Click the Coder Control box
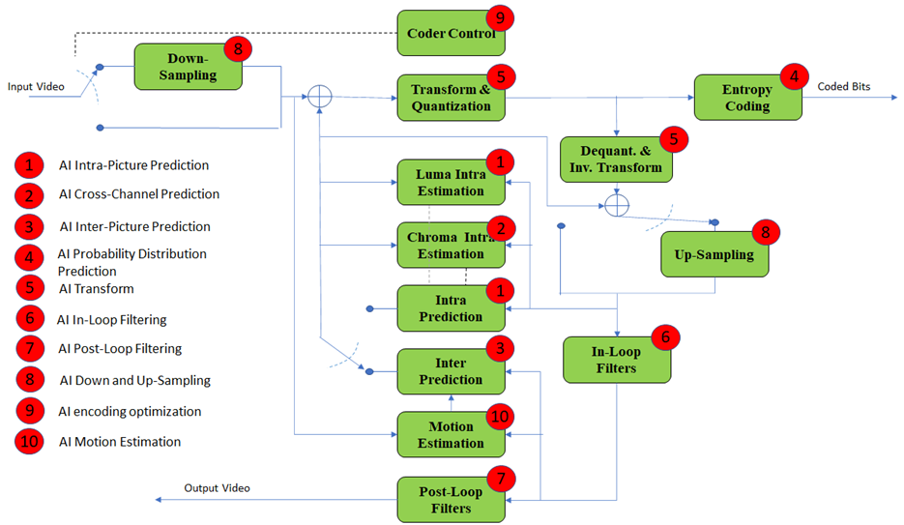click(x=451, y=33)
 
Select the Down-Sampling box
click(x=188, y=67)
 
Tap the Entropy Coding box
click(x=747, y=98)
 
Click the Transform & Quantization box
click(x=451, y=98)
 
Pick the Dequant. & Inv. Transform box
click(x=616, y=160)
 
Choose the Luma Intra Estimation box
click(x=451, y=182)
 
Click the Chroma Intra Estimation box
click(x=451, y=245)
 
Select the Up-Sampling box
click(x=714, y=254)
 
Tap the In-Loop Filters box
click(x=617, y=360)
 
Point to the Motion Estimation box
click(x=451, y=434)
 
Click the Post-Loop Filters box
click(x=451, y=500)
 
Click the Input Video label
click(x=36, y=86)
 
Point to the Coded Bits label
click(x=843, y=86)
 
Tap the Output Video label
click(x=217, y=488)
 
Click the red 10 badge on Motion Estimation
click(x=500, y=417)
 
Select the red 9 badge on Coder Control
click(x=500, y=17)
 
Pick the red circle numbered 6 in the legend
click(x=30, y=318)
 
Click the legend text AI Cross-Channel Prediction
click(x=139, y=194)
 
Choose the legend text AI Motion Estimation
click(x=120, y=442)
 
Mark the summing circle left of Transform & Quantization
click(x=319, y=97)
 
